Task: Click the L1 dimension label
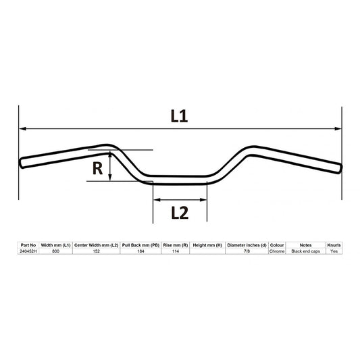(178, 116)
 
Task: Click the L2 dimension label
(179, 212)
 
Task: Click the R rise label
(98, 168)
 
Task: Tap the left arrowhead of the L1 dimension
(22, 128)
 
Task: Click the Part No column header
(28, 245)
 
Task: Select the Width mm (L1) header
(55, 245)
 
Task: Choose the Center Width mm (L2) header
(96, 245)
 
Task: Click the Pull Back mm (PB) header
(140, 245)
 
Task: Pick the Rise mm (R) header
(175, 245)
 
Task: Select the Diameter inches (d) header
(247, 245)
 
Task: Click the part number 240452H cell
(28, 251)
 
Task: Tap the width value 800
(55, 251)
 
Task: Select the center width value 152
(96, 251)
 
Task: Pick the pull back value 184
(140, 251)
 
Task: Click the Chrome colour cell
(277, 251)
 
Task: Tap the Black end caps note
(305, 251)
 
